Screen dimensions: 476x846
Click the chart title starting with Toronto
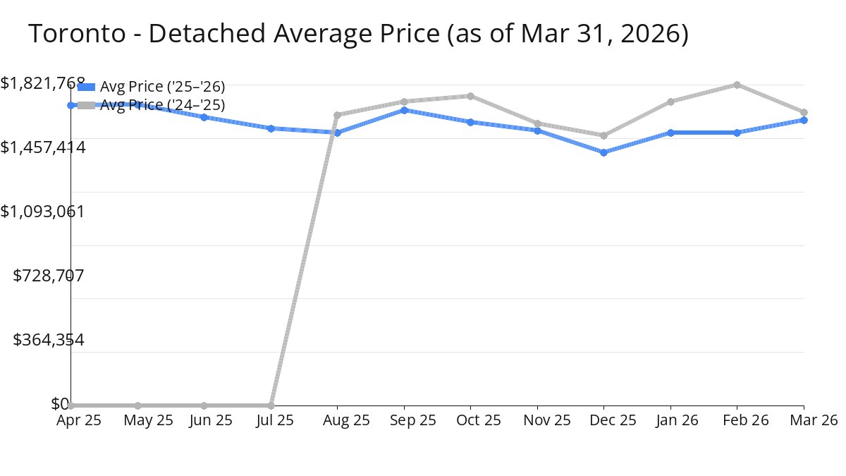pyautogui.click(x=358, y=34)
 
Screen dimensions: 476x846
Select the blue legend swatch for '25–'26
pyautogui.click(x=86, y=87)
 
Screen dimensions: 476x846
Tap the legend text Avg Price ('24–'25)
pyautogui.click(x=162, y=105)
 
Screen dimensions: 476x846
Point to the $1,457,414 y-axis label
pyautogui.click(x=43, y=147)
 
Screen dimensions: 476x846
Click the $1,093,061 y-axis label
pyautogui.click(x=43, y=211)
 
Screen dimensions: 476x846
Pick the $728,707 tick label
pyautogui.click(x=49, y=275)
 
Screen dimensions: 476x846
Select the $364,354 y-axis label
pyautogui.click(x=49, y=340)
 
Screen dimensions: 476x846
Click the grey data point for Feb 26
pyautogui.click(x=737, y=85)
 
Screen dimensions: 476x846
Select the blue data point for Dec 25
pyautogui.click(x=604, y=152)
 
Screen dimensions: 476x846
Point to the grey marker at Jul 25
pyautogui.click(x=271, y=405)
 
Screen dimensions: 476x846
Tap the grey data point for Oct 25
pyautogui.click(x=471, y=96)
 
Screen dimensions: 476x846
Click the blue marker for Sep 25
pyautogui.click(x=404, y=110)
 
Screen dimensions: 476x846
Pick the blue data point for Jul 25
pyautogui.click(x=271, y=128)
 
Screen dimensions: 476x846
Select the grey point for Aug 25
pyautogui.click(x=338, y=115)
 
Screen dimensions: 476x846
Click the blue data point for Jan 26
pyautogui.click(x=670, y=133)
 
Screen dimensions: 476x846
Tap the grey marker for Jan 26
pyautogui.click(x=670, y=102)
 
